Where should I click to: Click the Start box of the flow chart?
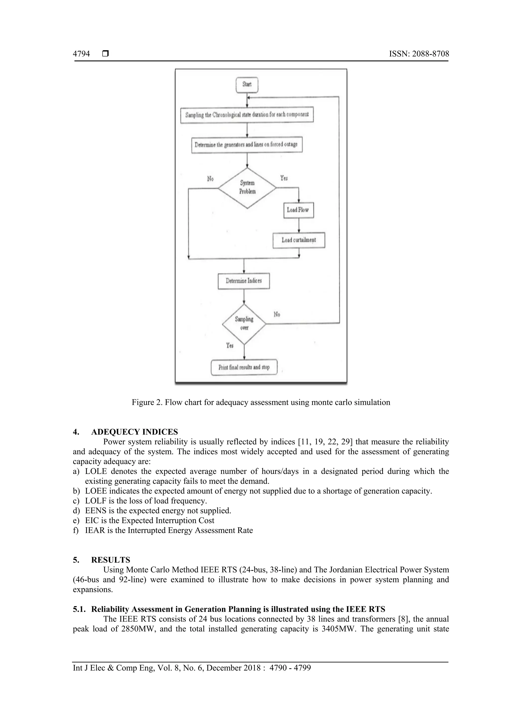247,85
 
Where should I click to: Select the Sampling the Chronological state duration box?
247,115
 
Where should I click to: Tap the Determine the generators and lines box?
247,145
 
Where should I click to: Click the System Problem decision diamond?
247,187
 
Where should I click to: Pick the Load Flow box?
298,210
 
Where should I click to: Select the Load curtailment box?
299,240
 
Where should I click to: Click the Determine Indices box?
244,281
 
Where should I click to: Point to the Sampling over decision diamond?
244,323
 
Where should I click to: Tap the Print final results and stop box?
244,367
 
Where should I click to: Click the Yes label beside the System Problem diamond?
284,178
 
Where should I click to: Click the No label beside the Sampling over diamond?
277,314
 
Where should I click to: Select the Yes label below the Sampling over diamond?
230,345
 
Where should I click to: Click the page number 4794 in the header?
81,54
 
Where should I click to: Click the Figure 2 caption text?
261,402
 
